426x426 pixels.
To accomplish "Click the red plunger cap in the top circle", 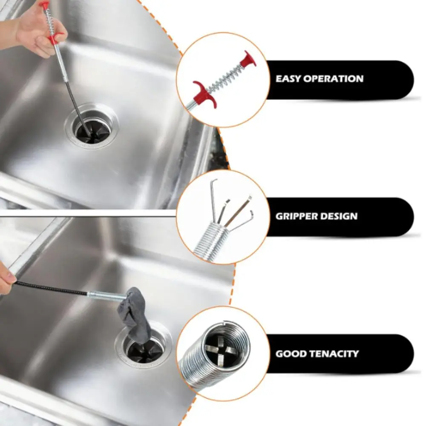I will click(x=248, y=60).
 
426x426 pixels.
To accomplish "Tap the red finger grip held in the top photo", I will click(x=54, y=39).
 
